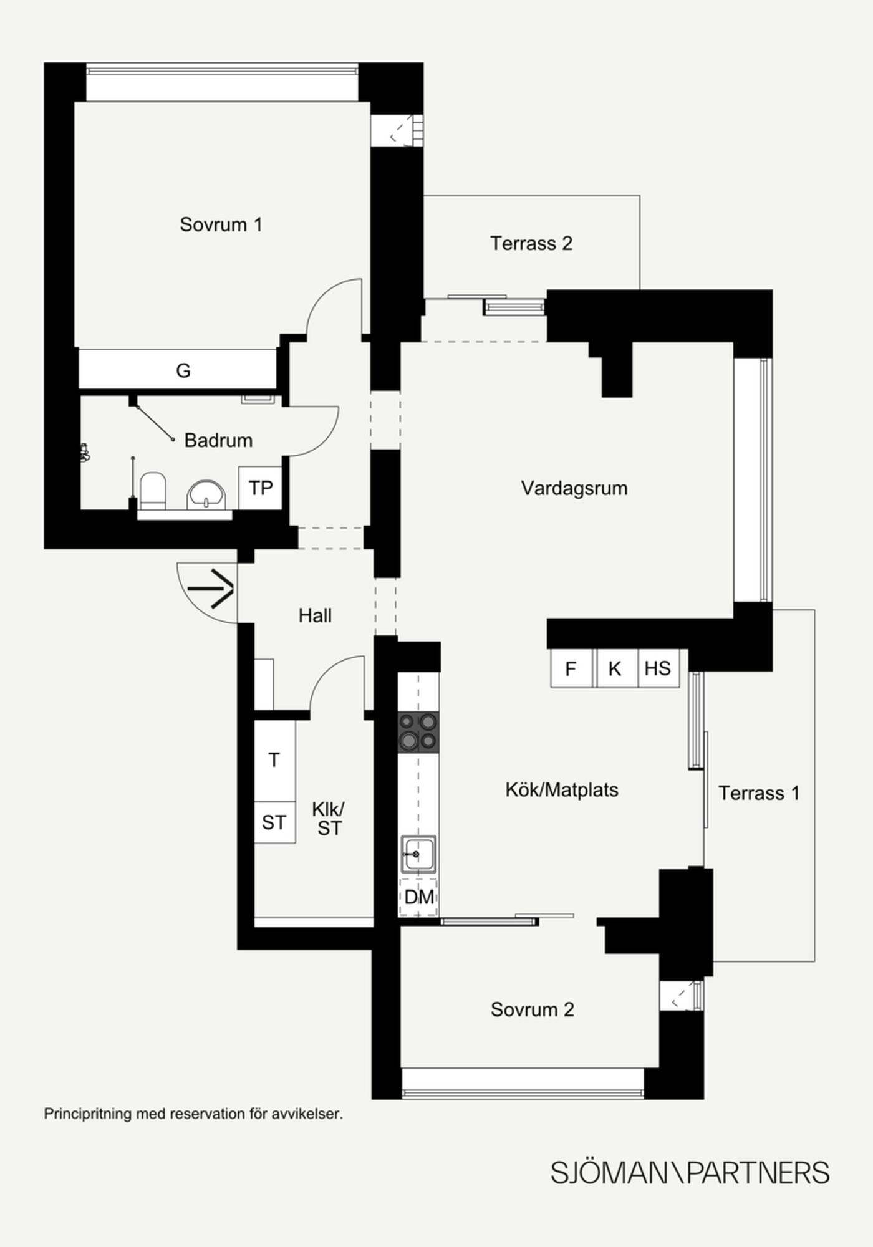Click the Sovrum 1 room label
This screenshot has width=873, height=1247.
[221, 224]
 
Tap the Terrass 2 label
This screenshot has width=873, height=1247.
[531, 243]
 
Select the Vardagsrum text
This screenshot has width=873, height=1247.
[574, 488]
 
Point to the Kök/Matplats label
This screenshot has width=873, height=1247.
[562, 790]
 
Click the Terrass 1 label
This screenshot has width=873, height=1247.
[759, 793]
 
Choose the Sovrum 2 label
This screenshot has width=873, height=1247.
[532, 1009]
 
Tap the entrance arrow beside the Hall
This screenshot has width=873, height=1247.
[211, 588]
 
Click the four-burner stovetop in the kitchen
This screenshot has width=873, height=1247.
[418, 732]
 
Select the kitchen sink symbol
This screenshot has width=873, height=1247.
[418, 854]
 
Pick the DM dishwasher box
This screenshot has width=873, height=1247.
[418, 897]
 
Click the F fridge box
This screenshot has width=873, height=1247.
[571, 669]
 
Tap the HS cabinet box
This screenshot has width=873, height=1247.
[658, 669]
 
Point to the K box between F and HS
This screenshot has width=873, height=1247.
[616, 669]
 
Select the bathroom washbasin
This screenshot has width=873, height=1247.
[206, 495]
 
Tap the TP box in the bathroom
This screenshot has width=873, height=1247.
[260, 488]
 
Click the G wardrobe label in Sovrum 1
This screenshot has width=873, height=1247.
[183, 371]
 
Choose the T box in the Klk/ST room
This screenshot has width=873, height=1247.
[274, 760]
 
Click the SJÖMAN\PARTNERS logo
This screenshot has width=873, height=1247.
[690, 1173]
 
